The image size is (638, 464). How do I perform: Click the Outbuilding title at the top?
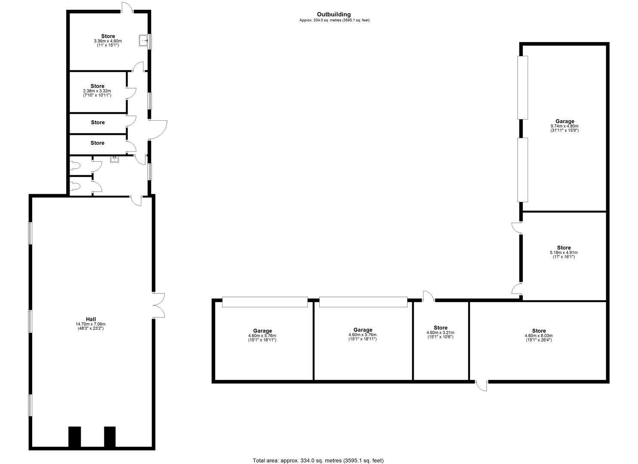point(334,15)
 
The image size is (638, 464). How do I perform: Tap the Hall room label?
point(91,319)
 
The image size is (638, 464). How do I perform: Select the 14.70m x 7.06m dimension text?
point(91,324)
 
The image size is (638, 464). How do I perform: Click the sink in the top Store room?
point(143,40)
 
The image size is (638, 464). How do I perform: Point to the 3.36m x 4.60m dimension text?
point(108,41)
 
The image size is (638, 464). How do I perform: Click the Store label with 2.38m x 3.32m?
point(98,86)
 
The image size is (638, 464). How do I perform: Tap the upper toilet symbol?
point(76,165)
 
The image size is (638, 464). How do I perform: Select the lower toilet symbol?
point(76,186)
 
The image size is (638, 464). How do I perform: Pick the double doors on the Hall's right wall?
point(159,305)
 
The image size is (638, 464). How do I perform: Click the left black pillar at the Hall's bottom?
point(75,437)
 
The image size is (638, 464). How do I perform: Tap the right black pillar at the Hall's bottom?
point(110,437)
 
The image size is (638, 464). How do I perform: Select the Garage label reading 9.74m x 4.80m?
point(565,122)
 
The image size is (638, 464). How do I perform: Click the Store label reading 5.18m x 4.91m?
point(564,248)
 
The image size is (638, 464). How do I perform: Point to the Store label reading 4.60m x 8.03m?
point(539,331)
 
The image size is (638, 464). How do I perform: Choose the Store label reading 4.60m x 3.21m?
point(440,328)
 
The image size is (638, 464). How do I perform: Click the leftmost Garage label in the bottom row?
point(262,331)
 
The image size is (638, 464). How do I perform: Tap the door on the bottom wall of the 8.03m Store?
point(482,385)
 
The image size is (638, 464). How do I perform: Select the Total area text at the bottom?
point(318,461)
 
